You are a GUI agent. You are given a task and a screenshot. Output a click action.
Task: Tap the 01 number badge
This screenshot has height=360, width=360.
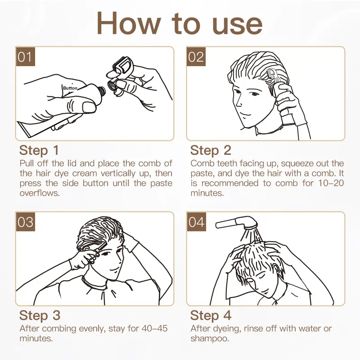pos(25,57)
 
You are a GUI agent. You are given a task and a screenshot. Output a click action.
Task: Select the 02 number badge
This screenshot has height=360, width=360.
pos(196,57)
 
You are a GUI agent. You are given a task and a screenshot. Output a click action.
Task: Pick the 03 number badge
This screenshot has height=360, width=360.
pos(25,222)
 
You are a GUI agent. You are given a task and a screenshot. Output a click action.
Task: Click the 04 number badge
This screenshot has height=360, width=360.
pos(196,222)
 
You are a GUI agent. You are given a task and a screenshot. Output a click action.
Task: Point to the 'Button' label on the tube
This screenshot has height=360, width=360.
pos(70,88)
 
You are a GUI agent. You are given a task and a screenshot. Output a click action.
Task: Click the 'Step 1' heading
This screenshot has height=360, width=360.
pos(39,150)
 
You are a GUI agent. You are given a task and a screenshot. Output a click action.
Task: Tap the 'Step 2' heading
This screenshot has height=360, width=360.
pos(211,150)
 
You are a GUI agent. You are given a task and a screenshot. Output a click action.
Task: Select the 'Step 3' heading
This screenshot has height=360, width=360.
pos(40,315)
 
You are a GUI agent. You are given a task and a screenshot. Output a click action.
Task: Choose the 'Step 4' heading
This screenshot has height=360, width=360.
pos(211,315)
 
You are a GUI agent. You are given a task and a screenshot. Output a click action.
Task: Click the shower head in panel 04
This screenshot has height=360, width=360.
pos(237,223)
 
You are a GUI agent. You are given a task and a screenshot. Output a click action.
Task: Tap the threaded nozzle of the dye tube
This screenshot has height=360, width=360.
pos(102,91)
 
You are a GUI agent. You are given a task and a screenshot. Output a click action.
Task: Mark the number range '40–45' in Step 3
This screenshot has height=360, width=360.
pos(154,328)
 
